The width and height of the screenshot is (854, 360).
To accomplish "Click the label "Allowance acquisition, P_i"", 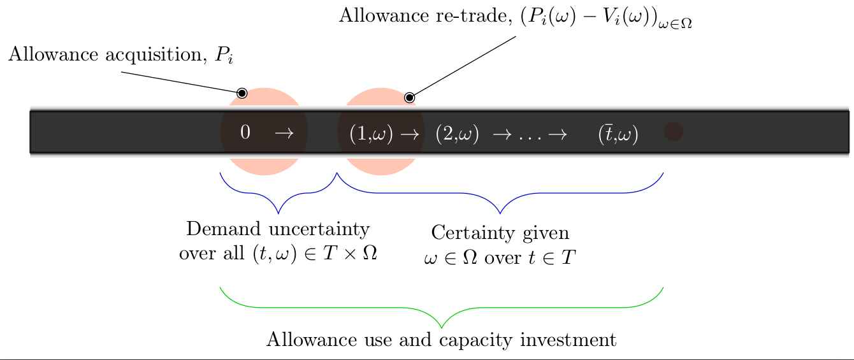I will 121,55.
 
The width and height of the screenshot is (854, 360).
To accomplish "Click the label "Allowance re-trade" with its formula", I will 515,17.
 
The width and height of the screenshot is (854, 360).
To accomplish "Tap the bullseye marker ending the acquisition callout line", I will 242,93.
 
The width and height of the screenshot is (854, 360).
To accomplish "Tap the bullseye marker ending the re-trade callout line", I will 409,97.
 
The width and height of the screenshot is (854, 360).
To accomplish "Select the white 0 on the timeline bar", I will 245,133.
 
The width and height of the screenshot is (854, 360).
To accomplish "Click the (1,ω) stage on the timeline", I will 372,134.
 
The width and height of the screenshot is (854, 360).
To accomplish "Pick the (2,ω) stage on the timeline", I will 457,134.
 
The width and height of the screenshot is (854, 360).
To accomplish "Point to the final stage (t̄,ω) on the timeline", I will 618,134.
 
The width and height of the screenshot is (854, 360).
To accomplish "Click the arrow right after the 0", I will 284,133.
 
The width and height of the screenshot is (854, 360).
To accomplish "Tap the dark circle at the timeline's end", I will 673,132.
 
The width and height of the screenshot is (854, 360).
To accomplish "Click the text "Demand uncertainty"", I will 277,229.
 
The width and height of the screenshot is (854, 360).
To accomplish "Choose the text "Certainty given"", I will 500,233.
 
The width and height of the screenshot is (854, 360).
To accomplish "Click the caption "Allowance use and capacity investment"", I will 441,340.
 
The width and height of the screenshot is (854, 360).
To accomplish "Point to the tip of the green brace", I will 442,328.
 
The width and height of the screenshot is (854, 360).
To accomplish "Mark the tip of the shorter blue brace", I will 278,213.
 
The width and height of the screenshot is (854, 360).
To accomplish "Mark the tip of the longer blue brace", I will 500,213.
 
